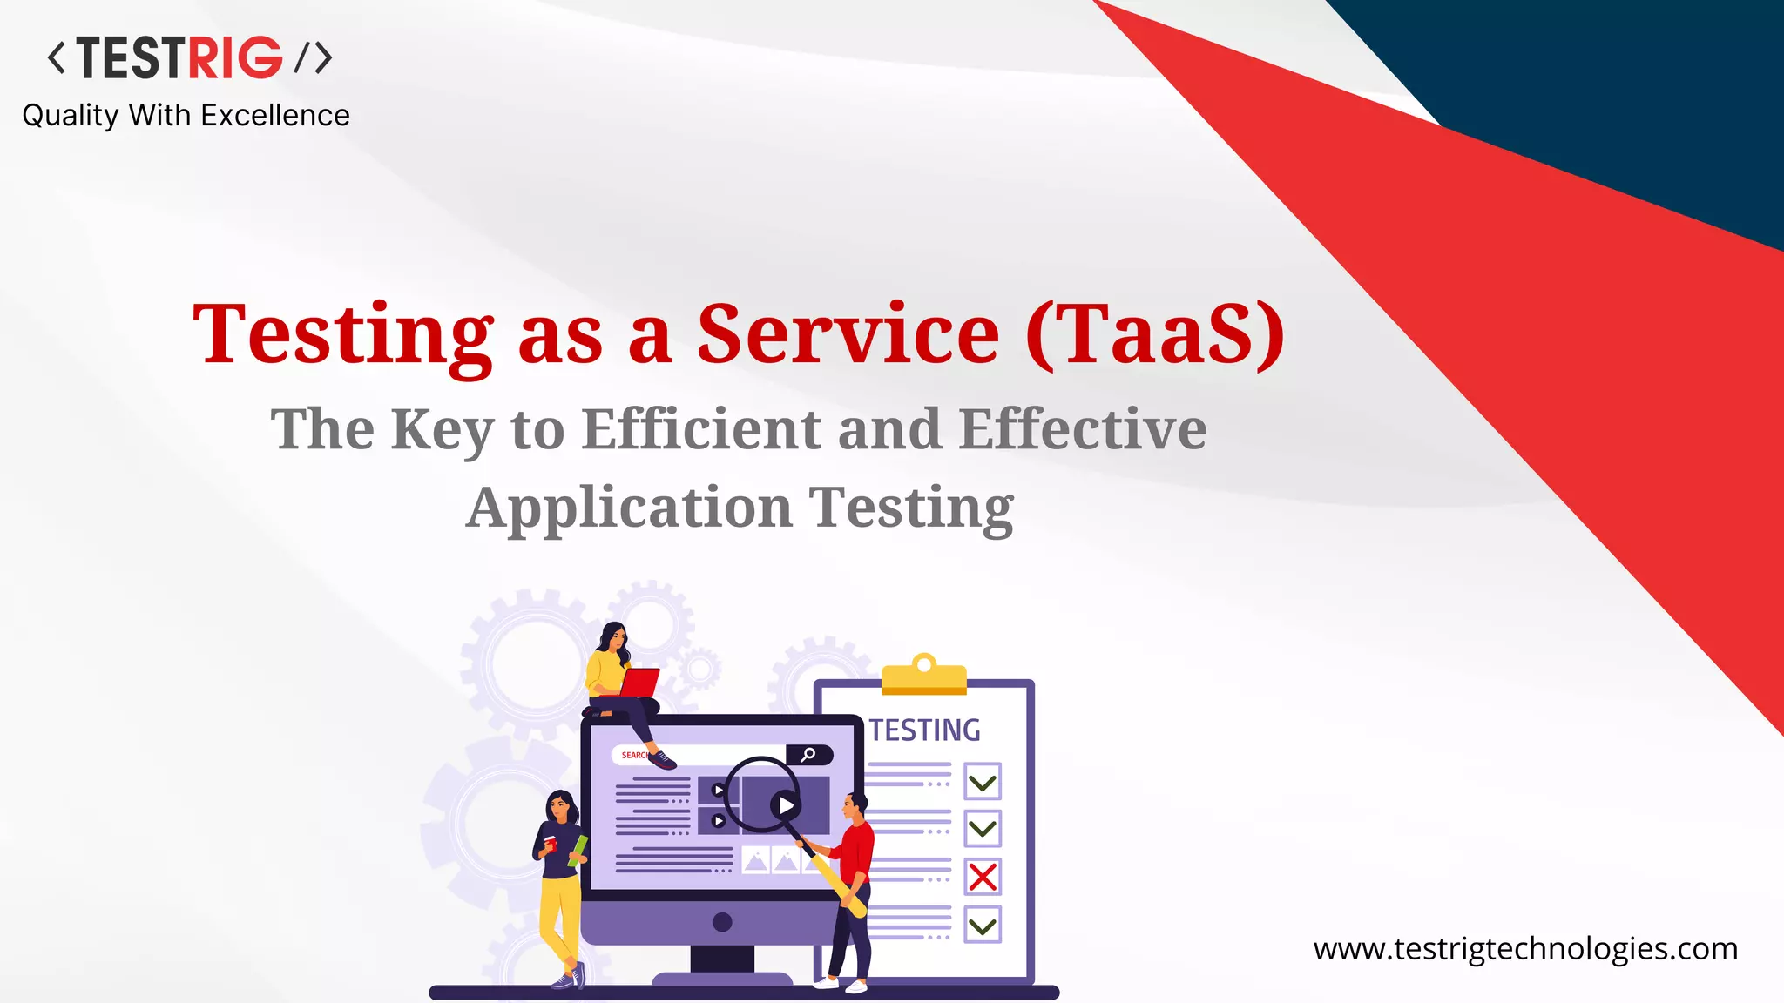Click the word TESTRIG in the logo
point(179,58)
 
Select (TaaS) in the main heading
point(1154,335)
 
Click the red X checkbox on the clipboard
point(983,877)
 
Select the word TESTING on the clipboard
point(924,730)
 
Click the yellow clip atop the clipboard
point(924,676)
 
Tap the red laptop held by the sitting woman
point(640,683)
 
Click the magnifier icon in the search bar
point(808,755)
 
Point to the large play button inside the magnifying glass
point(786,805)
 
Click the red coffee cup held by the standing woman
point(551,843)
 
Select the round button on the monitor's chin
point(721,921)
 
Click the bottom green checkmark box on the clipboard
point(983,925)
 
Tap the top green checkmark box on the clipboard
point(983,782)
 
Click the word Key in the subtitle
point(443,431)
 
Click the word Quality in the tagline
point(70,116)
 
